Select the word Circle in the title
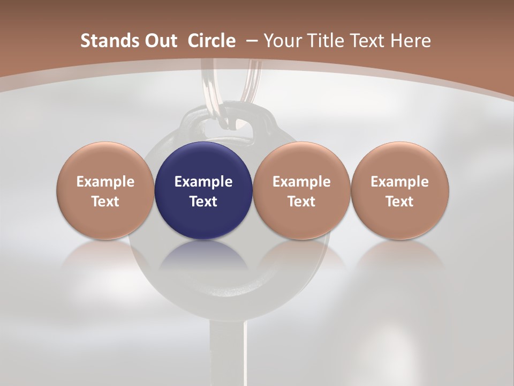click(211, 41)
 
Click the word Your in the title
click(281, 41)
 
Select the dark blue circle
click(203, 190)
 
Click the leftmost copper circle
click(105, 190)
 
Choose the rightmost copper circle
click(400, 190)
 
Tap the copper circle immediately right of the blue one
click(301, 190)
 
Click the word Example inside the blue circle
click(203, 182)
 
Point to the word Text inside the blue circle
click(203, 202)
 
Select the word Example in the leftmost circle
click(105, 182)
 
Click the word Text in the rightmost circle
click(400, 202)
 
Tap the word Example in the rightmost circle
click(400, 182)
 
